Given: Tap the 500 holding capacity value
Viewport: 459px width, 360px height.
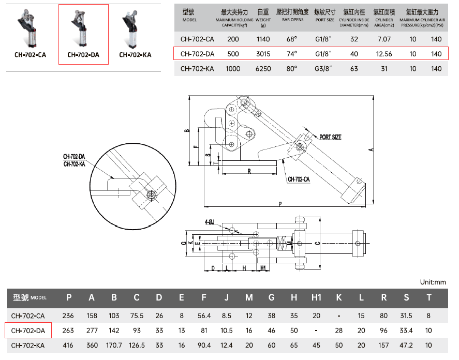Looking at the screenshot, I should (x=233, y=54).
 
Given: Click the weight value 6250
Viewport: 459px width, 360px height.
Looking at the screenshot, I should (x=263, y=68).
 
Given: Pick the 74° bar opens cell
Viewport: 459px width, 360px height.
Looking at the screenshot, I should (x=292, y=54).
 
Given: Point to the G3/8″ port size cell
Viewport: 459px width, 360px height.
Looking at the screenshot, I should (x=325, y=68).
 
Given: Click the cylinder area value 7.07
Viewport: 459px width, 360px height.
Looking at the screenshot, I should (x=385, y=39).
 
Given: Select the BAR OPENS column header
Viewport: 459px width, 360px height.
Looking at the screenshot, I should (x=293, y=20).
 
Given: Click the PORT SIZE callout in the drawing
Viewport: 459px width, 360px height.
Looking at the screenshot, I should (x=330, y=137).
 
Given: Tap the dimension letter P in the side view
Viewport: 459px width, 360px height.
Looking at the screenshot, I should (x=280, y=204).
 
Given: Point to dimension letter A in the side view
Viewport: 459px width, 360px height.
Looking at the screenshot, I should (x=371, y=150).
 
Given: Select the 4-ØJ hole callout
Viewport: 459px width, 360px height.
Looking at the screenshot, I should (x=210, y=222).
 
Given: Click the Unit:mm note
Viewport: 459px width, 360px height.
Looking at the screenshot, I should (x=433, y=282).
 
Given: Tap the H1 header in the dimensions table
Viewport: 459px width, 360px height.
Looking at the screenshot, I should (x=316, y=297).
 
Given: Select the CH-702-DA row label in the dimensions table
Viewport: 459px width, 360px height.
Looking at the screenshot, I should (x=28, y=331).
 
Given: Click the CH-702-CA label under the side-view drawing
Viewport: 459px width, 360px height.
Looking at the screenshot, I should (x=299, y=179).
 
